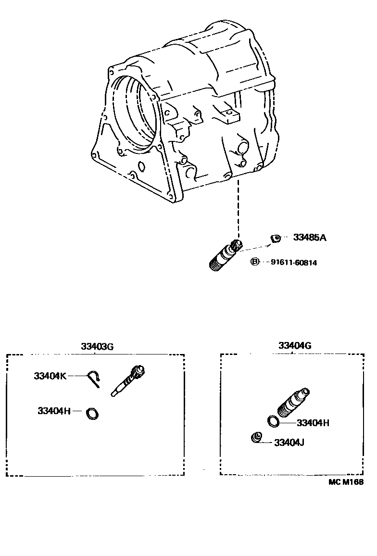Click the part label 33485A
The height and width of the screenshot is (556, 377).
coord(310,238)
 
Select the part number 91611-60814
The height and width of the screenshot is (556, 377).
coord(294,262)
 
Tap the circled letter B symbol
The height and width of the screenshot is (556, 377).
coord(255,262)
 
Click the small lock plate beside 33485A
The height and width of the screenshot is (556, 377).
coord(275,238)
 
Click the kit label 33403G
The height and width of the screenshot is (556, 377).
coord(97,347)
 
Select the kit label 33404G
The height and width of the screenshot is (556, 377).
coord(295,346)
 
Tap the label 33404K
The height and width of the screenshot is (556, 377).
coord(50,376)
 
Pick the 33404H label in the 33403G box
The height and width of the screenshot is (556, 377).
coord(54,411)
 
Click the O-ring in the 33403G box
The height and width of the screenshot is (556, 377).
coord(91,413)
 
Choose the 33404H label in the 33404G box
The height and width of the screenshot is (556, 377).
coord(313,423)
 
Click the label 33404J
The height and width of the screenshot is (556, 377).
coord(289,442)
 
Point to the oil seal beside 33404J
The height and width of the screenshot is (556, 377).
coord(257,437)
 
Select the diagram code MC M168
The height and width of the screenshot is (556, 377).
coord(346,482)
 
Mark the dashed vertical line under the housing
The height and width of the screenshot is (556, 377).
coord(237,207)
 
